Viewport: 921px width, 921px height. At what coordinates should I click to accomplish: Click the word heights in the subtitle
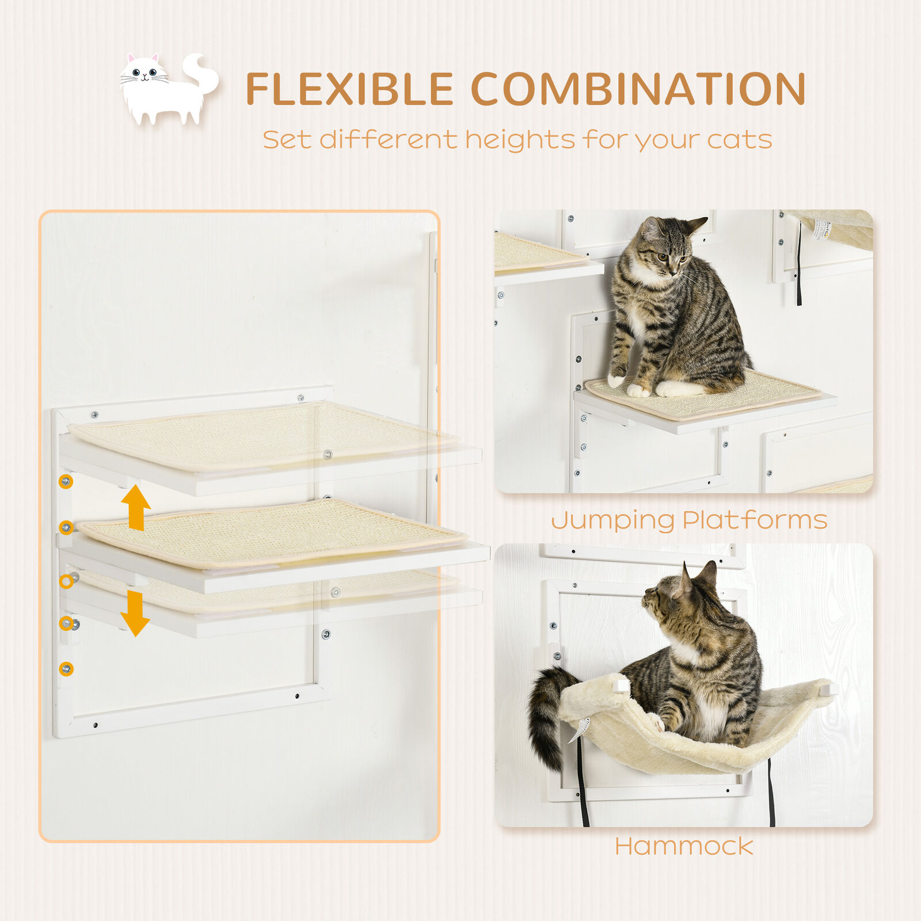pyautogui.click(x=520, y=140)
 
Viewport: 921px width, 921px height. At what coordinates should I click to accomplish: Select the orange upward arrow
pyautogui.click(x=136, y=507)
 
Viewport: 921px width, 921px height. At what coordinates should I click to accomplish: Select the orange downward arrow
pyautogui.click(x=135, y=613)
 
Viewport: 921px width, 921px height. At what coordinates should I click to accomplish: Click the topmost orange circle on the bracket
pyautogui.click(x=66, y=481)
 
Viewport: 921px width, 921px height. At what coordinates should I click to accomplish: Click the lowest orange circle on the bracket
pyautogui.click(x=66, y=668)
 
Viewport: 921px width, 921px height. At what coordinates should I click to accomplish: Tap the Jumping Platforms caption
pyautogui.click(x=689, y=520)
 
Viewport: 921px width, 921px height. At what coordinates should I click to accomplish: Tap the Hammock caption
pyautogui.click(x=684, y=846)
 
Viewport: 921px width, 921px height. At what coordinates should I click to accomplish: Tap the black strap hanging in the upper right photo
pyautogui.click(x=799, y=265)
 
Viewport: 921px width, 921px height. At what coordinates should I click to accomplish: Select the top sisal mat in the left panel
pyautogui.click(x=259, y=435)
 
